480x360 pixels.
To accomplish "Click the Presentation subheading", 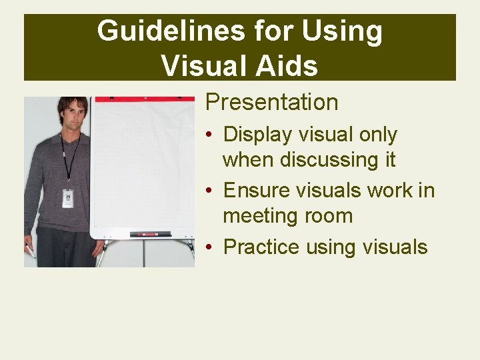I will [x=271, y=102].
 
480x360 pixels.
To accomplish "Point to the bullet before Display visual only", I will [x=210, y=135].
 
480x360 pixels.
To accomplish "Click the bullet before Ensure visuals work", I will [x=210, y=191].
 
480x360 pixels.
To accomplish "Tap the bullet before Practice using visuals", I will [x=210, y=247].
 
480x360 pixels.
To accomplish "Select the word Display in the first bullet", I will [x=257, y=135].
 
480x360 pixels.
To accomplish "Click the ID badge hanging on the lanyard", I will [x=68, y=198].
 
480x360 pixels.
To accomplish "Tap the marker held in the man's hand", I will [x=30, y=251].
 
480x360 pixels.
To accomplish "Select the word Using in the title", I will [x=342, y=31].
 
